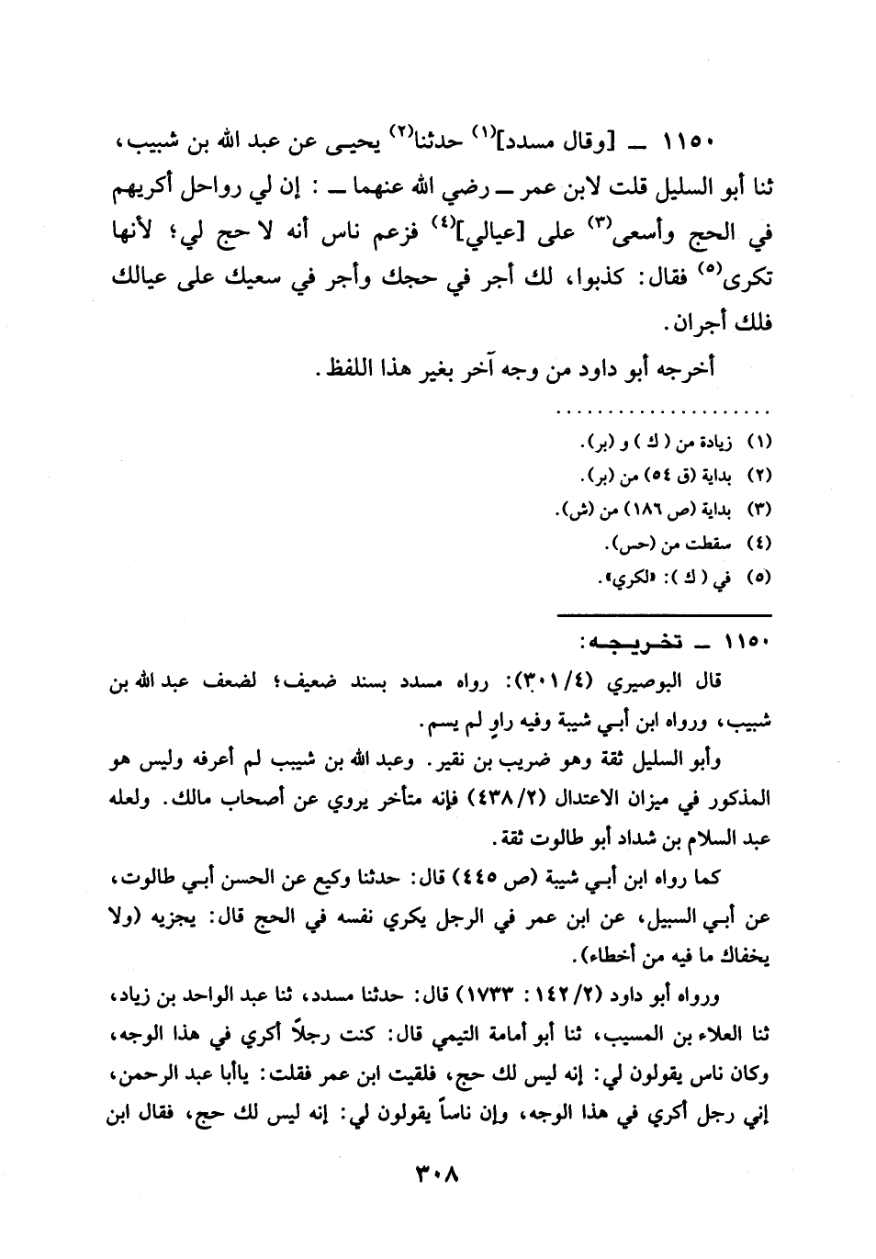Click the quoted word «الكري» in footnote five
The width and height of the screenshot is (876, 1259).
point(626,579)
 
